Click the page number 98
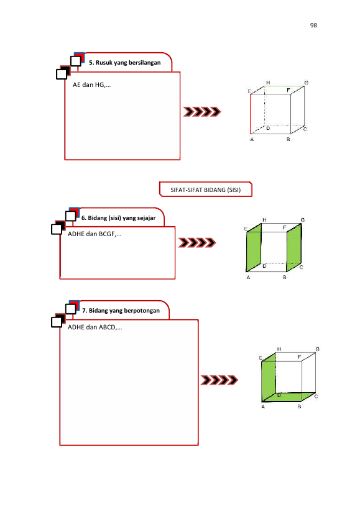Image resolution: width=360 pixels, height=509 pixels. coord(313,25)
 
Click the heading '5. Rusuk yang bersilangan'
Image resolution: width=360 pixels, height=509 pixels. coord(125,63)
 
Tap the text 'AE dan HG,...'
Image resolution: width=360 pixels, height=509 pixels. coord(91,85)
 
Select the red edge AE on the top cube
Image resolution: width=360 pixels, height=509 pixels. coord(251,114)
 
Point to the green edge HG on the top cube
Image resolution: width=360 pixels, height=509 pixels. coord(284,86)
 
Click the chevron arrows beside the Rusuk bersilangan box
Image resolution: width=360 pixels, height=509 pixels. coord(202,112)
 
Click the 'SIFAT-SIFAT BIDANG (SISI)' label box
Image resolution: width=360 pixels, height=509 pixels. coord(205,190)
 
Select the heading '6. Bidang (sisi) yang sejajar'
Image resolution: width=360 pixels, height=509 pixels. coord(119,218)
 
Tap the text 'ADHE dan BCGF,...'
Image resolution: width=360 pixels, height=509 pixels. coord(95,234)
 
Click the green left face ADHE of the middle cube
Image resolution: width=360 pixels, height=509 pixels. coord(254,247)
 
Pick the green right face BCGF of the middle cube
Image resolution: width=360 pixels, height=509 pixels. coord(294,247)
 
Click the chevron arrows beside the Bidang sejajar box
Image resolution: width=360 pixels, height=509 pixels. coord(197,242)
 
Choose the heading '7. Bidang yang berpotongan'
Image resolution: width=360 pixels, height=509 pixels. coord(121,311)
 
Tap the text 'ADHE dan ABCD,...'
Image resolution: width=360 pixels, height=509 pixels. coord(95,327)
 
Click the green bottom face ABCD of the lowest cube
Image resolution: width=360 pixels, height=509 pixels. coord(288,397)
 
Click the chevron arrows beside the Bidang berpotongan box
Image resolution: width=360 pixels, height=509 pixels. coord(219,380)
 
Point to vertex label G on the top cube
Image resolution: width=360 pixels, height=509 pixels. coord(306,83)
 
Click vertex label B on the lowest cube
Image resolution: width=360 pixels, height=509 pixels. coord(299,406)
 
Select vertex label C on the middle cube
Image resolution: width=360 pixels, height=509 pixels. coord(302,267)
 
